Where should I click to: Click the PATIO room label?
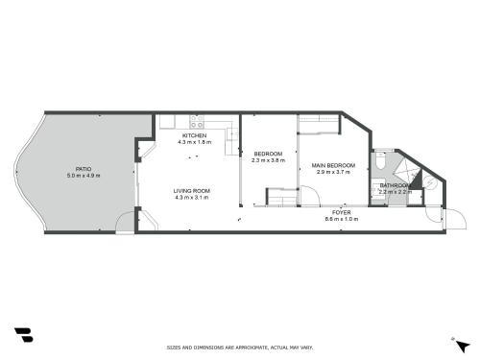pos(84,169)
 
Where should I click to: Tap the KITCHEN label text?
pos(194,135)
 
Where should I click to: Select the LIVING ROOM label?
pos(192,191)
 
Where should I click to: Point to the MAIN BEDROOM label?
pos(333,165)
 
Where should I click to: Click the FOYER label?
pos(341,212)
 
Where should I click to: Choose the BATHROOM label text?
pos(396,185)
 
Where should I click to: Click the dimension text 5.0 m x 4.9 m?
pos(84,176)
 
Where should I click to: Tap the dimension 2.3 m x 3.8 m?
pos(268,160)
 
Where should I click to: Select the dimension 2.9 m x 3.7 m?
pos(333,172)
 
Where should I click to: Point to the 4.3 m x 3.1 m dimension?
pos(192,198)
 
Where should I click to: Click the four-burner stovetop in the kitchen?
pos(197,122)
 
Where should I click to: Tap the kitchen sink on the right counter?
pos(232,133)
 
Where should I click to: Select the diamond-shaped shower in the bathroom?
pos(404,171)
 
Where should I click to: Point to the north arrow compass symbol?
pos(462,347)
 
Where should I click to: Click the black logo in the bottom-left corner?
pos(24,335)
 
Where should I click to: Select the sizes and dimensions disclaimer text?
pos(240,348)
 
